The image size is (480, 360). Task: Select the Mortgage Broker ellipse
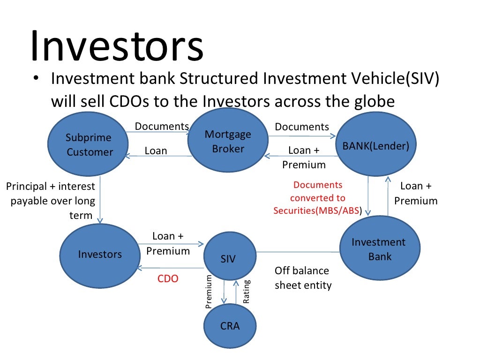click(228, 141)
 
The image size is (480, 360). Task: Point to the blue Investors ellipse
click(100, 254)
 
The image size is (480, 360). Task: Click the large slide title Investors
click(117, 47)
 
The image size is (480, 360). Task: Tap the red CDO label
click(168, 279)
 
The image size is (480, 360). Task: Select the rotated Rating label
click(247, 292)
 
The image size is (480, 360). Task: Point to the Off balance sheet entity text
click(303, 278)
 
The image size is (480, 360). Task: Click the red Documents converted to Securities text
click(318, 198)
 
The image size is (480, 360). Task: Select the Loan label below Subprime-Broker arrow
click(156, 150)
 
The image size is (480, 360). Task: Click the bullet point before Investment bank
click(36, 79)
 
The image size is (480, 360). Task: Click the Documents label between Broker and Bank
click(302, 127)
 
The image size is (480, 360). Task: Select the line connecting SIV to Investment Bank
click(298, 252)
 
